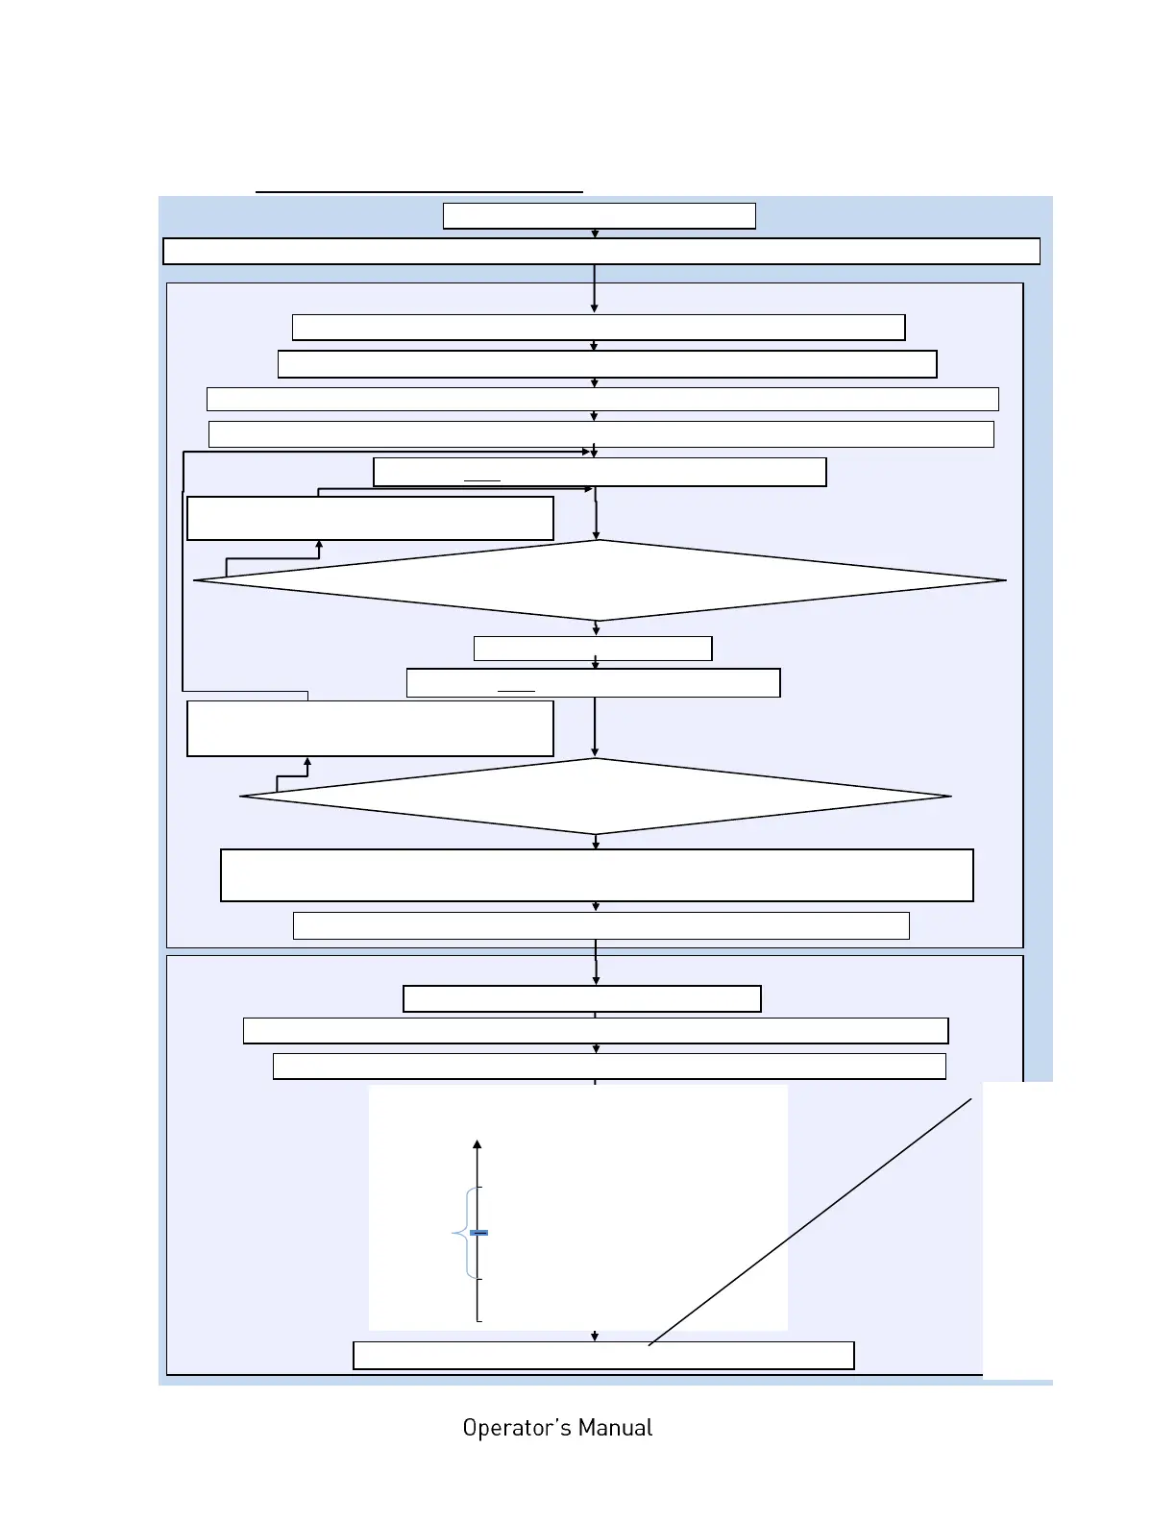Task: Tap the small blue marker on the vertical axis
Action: click(x=478, y=1232)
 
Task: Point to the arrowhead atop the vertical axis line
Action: click(x=478, y=1144)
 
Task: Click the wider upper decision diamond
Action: click(x=600, y=580)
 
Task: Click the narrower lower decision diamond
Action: click(x=596, y=797)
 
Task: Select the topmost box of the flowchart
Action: click(x=599, y=216)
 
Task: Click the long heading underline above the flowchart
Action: click(x=419, y=192)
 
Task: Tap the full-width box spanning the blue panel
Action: click(x=601, y=251)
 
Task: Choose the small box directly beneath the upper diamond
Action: click(x=593, y=649)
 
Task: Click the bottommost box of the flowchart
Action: click(x=603, y=1355)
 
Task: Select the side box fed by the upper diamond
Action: click(x=370, y=519)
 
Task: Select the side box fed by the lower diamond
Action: click(x=370, y=728)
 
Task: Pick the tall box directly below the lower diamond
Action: click(x=597, y=875)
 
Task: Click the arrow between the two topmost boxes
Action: click(x=595, y=233)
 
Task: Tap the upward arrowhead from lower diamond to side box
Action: click(x=307, y=762)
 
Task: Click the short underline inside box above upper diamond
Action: click(x=482, y=479)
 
